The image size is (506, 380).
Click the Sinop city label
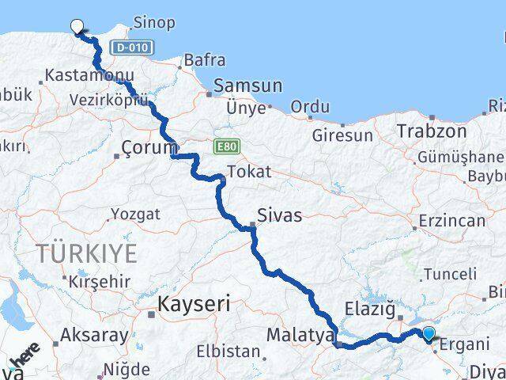pos(154,22)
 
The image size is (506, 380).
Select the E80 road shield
pos(224,147)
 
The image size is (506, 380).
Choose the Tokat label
pos(249,172)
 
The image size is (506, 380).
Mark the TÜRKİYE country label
pos(86,254)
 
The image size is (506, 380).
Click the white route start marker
pos(77,26)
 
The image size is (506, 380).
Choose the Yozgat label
pos(135,215)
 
